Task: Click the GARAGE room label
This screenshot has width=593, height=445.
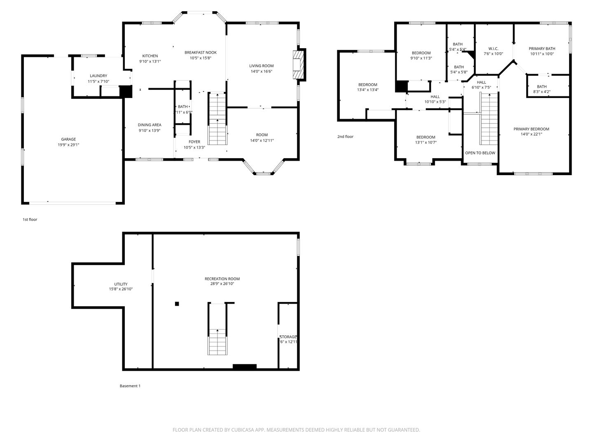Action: (68, 139)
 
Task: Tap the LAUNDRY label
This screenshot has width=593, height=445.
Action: (98, 76)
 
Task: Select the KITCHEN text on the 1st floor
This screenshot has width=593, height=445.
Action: (150, 56)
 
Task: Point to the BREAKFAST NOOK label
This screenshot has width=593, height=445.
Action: (201, 52)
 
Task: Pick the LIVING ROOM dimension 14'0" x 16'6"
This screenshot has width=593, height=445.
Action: (261, 71)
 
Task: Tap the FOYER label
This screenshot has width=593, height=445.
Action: (194, 142)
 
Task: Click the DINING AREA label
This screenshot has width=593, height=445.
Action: (149, 125)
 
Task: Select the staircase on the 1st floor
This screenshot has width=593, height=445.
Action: (217, 119)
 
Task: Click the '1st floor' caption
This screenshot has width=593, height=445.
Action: (30, 220)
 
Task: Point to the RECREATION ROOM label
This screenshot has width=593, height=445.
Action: (222, 279)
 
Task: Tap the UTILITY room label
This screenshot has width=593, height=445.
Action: (121, 284)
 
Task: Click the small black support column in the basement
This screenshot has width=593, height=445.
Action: (177, 304)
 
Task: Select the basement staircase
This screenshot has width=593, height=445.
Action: (217, 330)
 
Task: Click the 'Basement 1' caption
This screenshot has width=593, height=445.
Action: (130, 386)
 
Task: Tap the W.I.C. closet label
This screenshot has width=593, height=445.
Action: (493, 49)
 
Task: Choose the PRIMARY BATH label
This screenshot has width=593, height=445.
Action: (542, 49)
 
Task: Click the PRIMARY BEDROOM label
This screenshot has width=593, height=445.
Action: (531, 129)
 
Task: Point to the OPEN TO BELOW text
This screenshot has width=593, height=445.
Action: (480, 153)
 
